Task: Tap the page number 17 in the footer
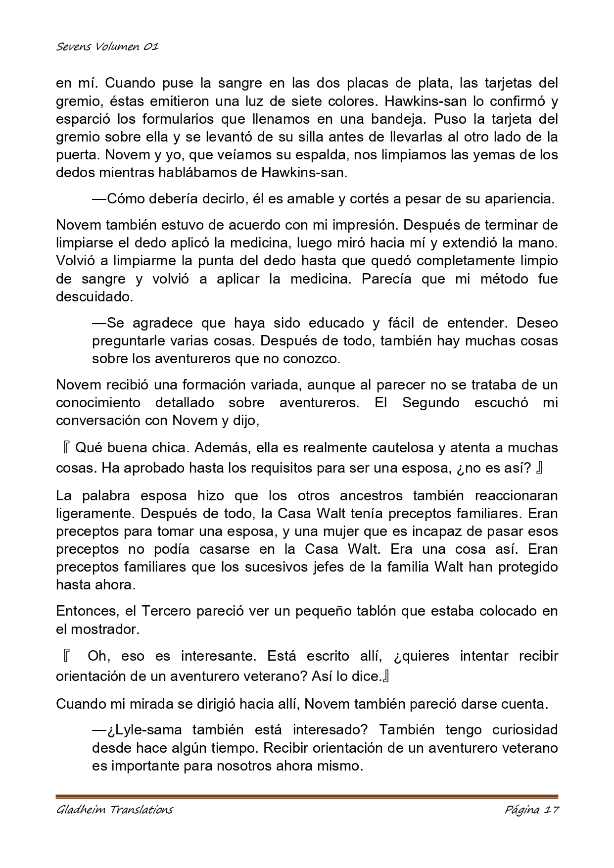[x=550, y=810]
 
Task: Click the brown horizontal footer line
[x=307, y=796]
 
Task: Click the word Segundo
[x=431, y=402]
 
